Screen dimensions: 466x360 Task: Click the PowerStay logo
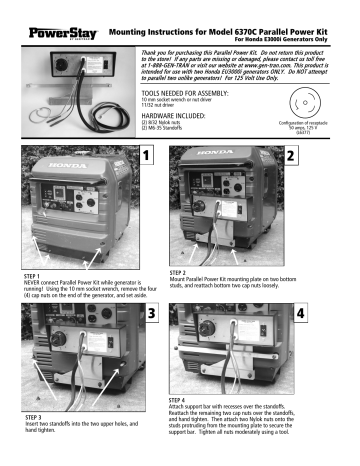click(35, 14)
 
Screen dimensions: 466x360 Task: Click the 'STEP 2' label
click(171, 270)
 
